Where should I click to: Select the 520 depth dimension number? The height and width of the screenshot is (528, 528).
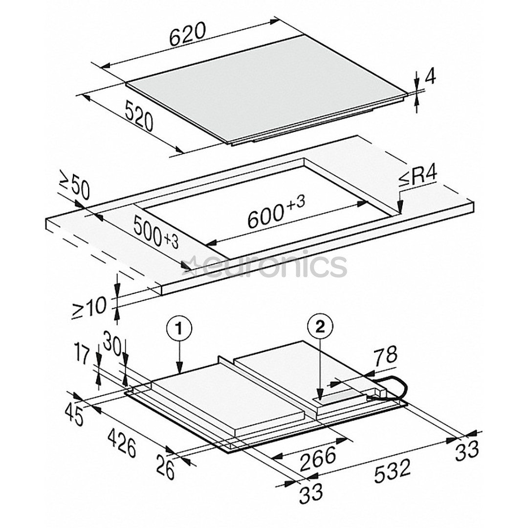point(139,116)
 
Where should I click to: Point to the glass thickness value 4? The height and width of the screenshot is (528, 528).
point(431,77)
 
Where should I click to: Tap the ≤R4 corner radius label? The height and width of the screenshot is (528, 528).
point(418,176)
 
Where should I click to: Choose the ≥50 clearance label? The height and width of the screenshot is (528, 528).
point(74,185)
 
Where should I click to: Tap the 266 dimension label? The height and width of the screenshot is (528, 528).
point(318,457)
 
